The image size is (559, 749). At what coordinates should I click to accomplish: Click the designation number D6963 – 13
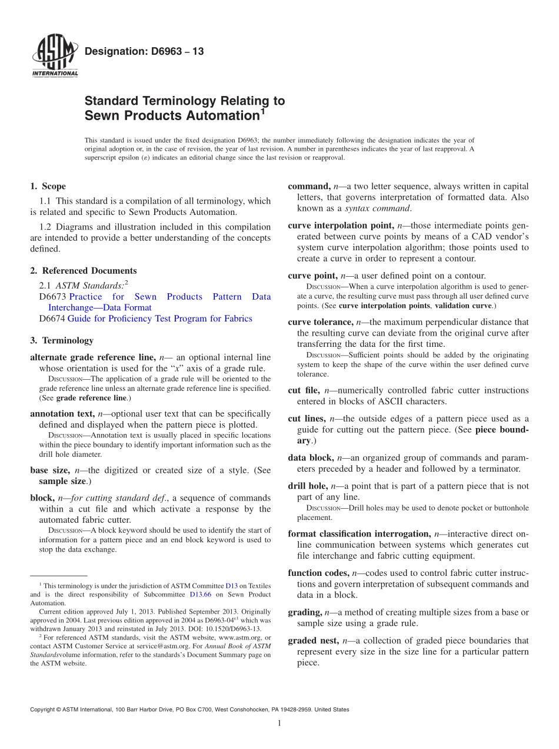(144, 52)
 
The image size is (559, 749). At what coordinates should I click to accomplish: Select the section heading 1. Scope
(48, 187)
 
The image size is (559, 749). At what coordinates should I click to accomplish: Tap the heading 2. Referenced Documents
(84, 271)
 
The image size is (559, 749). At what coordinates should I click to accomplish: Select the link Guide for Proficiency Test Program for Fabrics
(159, 319)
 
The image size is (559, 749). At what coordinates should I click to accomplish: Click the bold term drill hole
(307, 486)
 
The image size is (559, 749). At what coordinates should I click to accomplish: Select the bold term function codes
(318, 573)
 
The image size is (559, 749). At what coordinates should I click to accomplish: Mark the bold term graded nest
(313, 641)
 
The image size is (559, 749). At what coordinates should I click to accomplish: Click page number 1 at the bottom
(279, 723)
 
